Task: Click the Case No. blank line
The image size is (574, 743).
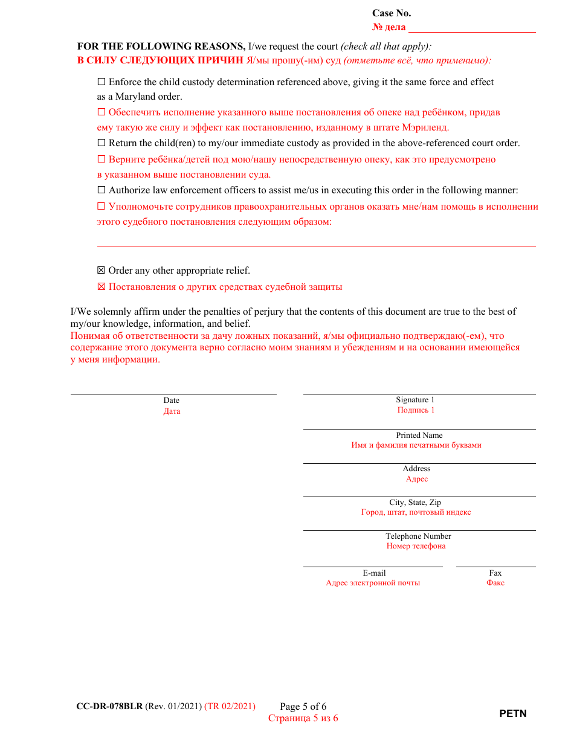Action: pyautogui.click(x=472, y=28)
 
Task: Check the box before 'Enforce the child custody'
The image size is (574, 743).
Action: pyautogui.click(x=101, y=82)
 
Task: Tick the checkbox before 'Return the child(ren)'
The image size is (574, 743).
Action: pyautogui.click(x=101, y=144)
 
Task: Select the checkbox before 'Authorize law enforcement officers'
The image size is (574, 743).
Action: pyautogui.click(x=101, y=191)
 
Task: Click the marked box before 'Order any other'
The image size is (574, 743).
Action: pyautogui.click(x=101, y=271)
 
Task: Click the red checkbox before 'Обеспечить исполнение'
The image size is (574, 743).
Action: pyautogui.click(x=101, y=112)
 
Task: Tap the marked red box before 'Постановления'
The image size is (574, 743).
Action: pyautogui.click(x=101, y=288)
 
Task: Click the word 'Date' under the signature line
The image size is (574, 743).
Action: pyautogui.click(x=172, y=400)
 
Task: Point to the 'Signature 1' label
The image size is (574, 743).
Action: pyautogui.click(x=415, y=400)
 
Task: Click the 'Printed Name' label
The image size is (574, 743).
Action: pyautogui.click(x=419, y=436)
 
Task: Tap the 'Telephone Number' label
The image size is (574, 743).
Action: pyautogui.click(x=418, y=536)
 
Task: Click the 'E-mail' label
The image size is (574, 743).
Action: pyautogui.click(x=374, y=573)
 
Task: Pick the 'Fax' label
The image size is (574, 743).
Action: pyautogui.click(x=495, y=573)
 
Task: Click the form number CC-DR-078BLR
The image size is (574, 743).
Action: pyautogui.click(x=109, y=707)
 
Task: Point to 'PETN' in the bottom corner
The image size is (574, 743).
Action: pyautogui.click(x=513, y=714)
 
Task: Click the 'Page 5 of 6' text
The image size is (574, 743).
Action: pyautogui.click(x=303, y=707)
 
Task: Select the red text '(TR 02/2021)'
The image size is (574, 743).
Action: pyautogui.click(x=230, y=707)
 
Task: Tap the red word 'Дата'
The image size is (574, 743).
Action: pyautogui.click(x=172, y=411)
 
